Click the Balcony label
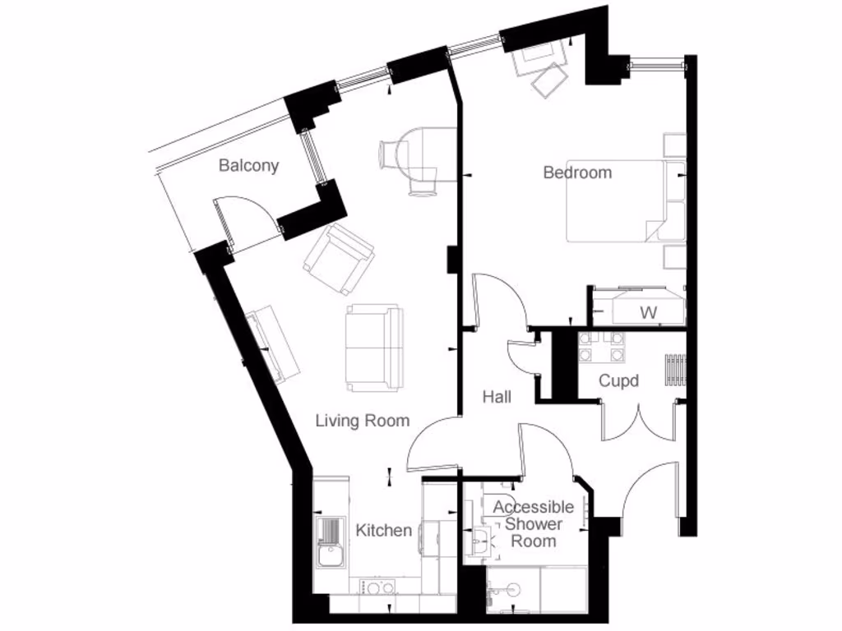248,166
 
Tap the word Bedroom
577,173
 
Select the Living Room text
363,421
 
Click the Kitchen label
383,530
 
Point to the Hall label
497,397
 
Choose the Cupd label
618,380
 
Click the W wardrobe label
649,313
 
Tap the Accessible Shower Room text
533,524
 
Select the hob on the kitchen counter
378,587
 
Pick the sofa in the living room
375,347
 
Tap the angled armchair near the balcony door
338,258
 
